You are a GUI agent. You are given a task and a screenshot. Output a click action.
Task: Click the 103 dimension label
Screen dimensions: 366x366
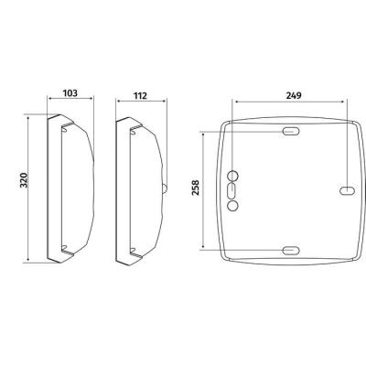(70, 93)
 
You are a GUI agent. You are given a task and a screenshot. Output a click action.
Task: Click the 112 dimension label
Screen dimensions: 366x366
(140, 96)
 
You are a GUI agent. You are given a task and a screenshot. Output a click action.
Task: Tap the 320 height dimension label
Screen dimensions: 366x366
(24, 180)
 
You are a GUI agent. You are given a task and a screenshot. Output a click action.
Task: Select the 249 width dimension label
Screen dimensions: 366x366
(294, 95)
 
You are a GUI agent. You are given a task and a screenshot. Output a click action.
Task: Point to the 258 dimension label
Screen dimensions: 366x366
(195, 188)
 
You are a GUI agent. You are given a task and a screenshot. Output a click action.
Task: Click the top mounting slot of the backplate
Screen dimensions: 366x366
(291, 132)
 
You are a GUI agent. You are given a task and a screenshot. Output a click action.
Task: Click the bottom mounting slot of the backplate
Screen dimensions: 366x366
(291, 251)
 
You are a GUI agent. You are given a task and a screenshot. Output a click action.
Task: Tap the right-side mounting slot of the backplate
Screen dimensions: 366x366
(348, 190)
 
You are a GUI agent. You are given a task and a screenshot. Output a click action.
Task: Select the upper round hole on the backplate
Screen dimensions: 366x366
(233, 176)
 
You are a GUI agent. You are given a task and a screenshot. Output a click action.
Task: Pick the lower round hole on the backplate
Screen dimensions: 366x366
(232, 206)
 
